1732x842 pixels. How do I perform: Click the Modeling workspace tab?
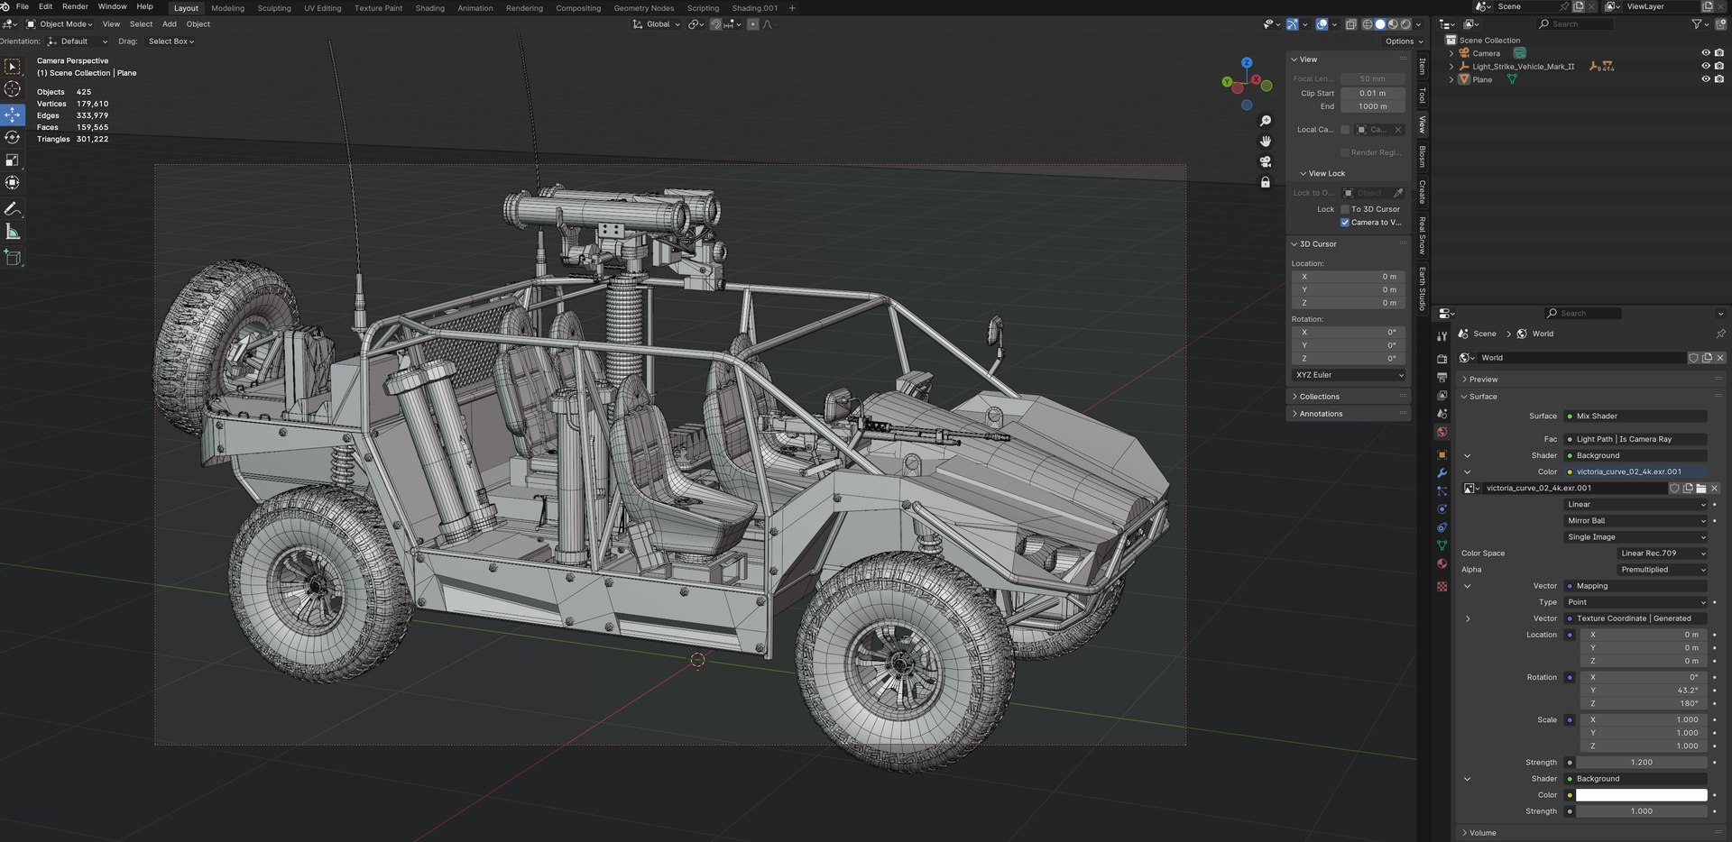[x=227, y=8]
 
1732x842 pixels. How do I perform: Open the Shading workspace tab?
[x=429, y=8]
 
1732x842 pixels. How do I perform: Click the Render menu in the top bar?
[x=75, y=6]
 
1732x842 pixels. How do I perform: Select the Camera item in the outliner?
[x=1486, y=53]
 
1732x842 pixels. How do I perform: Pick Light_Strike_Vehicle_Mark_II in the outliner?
[x=1523, y=67]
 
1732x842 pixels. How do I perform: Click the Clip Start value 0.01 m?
[x=1372, y=93]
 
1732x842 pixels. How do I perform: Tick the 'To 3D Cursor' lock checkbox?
[x=1345, y=209]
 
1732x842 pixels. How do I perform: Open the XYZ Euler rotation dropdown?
[x=1349, y=375]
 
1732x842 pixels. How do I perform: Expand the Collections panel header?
[x=1319, y=397]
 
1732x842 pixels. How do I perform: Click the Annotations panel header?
[x=1321, y=414]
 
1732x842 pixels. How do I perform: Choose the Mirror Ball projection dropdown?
[x=1635, y=521]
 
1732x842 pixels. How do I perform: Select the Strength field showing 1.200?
[x=1641, y=763]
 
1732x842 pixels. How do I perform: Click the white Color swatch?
[x=1641, y=795]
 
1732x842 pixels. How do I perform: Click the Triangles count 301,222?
[x=92, y=139]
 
